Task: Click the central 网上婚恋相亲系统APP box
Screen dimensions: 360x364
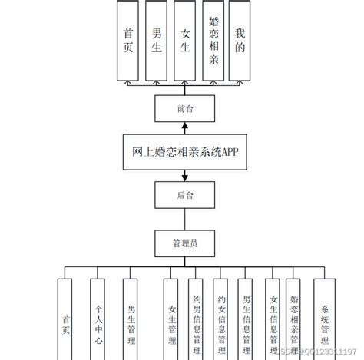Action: [x=182, y=152]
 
